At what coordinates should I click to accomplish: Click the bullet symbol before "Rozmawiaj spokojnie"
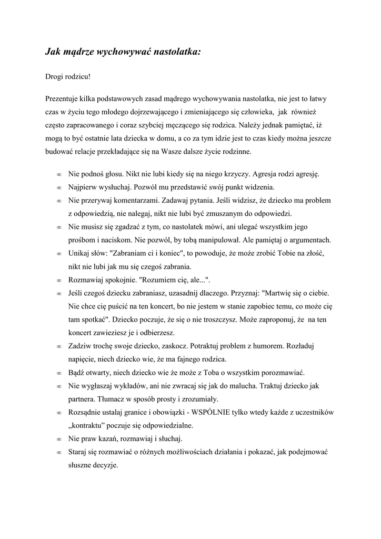pos(58,280)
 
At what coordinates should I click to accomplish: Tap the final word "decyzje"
pos(105,465)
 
